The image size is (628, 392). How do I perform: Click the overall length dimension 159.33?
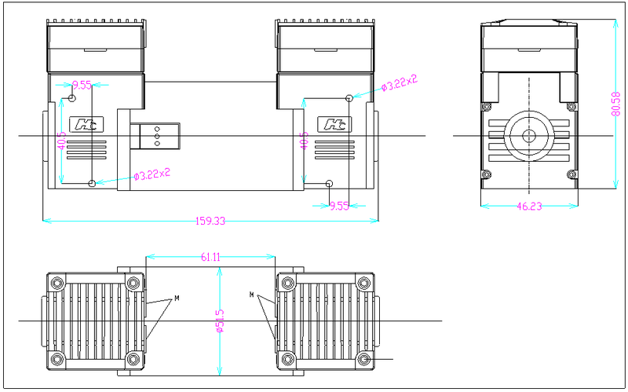210,222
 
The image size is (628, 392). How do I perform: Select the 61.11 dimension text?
210,256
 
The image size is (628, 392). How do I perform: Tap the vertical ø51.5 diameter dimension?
220,321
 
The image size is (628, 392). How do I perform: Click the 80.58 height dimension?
615,102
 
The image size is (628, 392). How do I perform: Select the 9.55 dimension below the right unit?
339,206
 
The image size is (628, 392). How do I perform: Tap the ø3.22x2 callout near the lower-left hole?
152,174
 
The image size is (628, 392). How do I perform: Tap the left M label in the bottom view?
177,299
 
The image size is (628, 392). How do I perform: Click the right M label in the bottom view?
252,295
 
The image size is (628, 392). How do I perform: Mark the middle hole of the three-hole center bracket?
156,137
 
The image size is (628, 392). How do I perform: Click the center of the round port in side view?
528,136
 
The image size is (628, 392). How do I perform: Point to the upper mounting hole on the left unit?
73,98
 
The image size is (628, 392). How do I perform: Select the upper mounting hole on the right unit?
349,98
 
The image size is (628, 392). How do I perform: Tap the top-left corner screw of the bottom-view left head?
57,283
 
